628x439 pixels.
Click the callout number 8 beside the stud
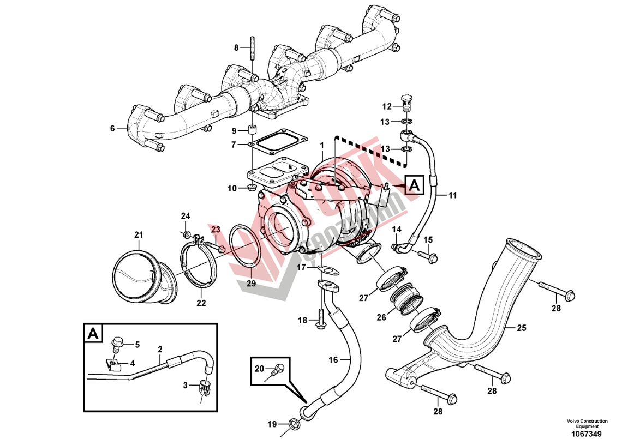[237, 47]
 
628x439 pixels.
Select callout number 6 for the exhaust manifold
[112, 129]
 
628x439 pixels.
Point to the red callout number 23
[216, 230]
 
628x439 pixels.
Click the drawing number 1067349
[587, 434]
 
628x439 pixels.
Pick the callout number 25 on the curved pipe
[522, 328]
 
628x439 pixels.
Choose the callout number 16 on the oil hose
[333, 359]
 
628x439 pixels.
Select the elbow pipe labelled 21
[141, 275]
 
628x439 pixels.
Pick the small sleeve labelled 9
[253, 131]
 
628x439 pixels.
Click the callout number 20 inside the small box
[259, 368]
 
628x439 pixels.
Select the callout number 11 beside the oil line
[453, 195]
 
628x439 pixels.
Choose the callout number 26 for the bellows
[381, 317]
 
